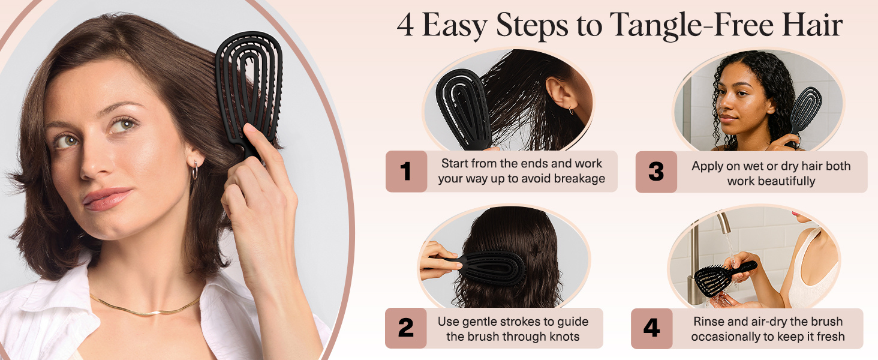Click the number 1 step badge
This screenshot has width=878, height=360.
pyautogui.click(x=406, y=172)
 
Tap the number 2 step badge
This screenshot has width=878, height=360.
pyautogui.click(x=405, y=328)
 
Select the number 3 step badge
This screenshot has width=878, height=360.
pyautogui.click(x=656, y=172)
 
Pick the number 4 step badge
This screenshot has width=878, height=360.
pyautogui.click(x=651, y=328)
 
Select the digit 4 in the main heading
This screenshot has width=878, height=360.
pyautogui.click(x=405, y=25)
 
